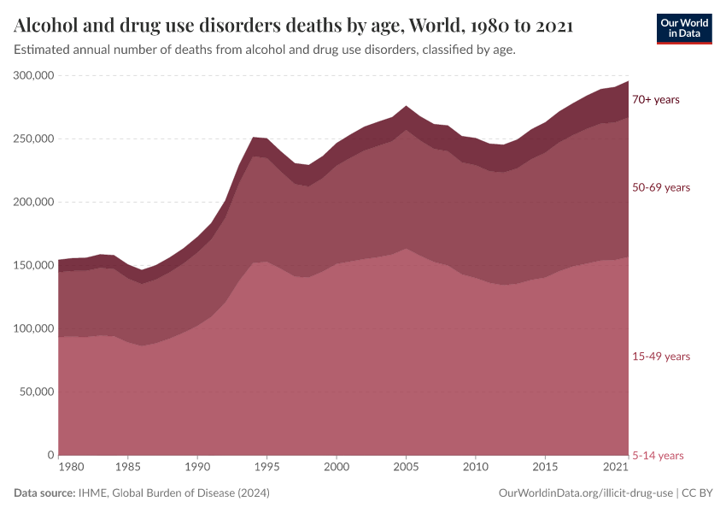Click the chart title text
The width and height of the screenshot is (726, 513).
293,26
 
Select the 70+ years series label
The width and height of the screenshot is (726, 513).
655,100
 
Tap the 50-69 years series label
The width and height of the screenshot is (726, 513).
660,187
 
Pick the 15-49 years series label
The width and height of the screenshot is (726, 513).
660,357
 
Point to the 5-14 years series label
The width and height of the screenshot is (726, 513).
657,456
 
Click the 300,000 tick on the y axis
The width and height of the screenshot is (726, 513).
34,76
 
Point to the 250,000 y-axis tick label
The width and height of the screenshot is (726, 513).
34,139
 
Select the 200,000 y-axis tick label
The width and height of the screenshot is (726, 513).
34,203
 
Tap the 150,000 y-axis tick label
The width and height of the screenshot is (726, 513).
34,266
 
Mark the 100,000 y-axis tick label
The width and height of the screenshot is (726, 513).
34,329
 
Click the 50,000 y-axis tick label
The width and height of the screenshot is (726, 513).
37,392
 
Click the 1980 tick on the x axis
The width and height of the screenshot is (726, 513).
72,468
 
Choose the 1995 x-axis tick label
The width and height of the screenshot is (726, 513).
267,468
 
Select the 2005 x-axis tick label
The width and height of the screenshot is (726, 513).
406,468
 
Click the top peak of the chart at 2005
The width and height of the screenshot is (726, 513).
406,107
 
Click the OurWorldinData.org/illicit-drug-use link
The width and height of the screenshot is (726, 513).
586,493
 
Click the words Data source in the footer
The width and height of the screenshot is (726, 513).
42,493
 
